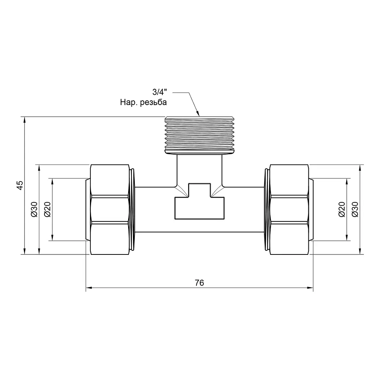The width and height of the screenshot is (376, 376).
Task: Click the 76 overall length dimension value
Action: click(199, 283)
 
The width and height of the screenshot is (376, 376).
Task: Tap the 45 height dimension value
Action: click(21, 185)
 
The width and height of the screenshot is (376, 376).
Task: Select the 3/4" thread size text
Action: click(159, 92)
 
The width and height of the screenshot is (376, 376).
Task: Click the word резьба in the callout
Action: click(153, 103)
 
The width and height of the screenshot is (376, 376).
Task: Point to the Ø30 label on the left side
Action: click(34, 209)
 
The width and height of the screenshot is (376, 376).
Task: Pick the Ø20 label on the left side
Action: click(47, 209)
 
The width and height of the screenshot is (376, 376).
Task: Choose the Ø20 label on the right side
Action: click(341, 209)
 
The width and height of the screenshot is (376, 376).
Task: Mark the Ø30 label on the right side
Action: click(355, 209)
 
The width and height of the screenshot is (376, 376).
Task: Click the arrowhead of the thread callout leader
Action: click(198, 113)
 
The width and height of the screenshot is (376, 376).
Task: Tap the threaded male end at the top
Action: click(199, 135)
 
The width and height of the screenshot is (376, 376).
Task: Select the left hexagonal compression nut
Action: click(109, 209)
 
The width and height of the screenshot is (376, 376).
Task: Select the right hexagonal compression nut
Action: click(289, 209)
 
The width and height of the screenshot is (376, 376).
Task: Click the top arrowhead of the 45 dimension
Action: click(24, 120)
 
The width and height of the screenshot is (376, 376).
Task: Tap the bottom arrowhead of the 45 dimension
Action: click(24, 251)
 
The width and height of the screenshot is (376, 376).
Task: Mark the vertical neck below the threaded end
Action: click(199, 170)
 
